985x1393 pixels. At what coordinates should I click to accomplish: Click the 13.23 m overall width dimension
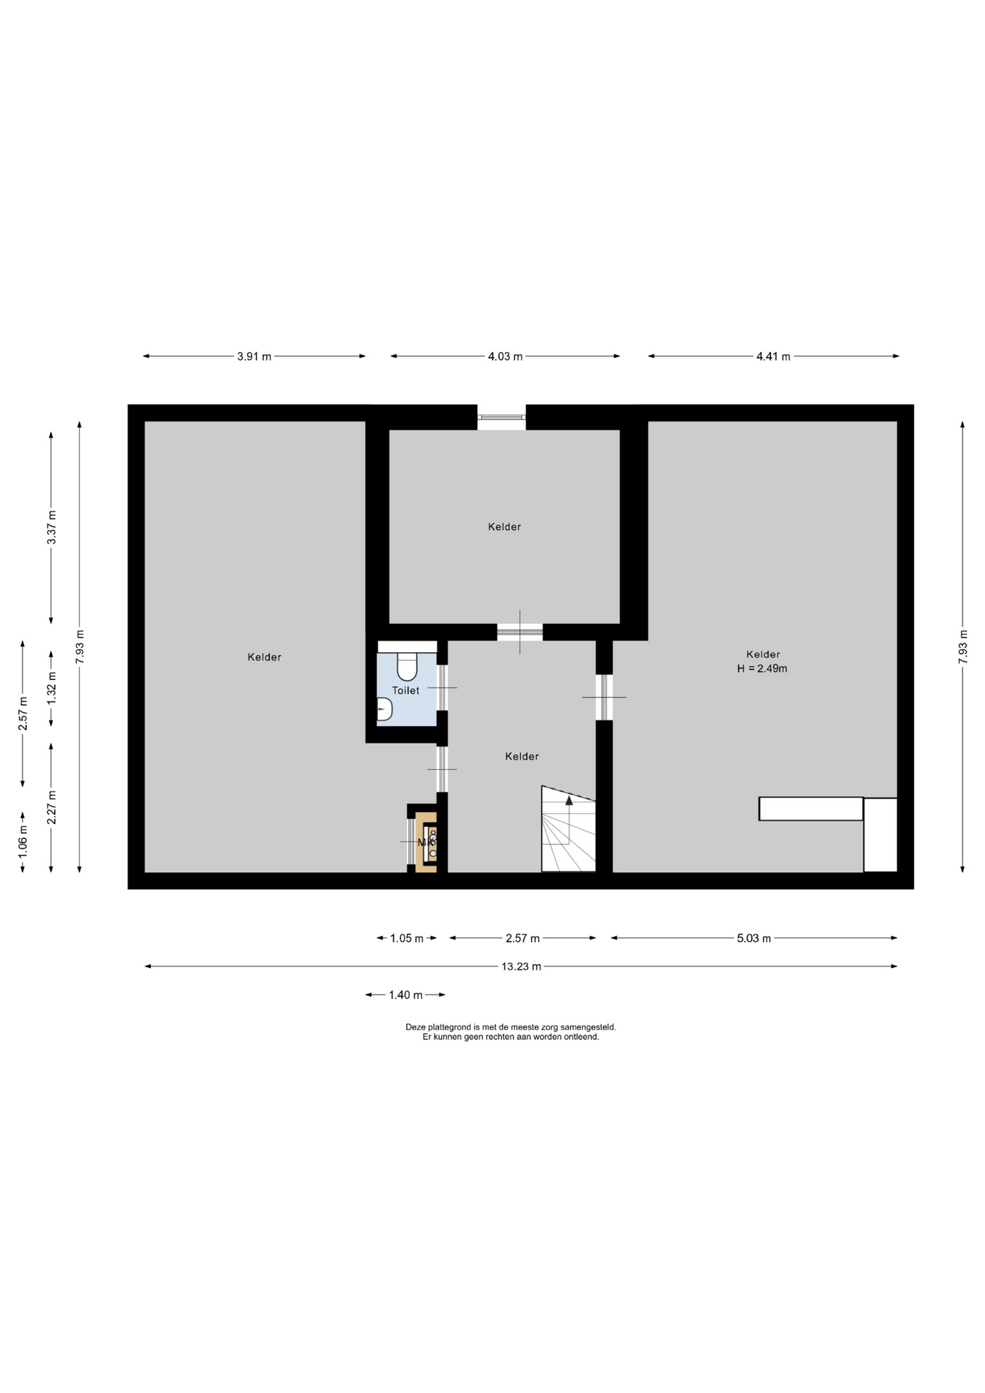(521, 966)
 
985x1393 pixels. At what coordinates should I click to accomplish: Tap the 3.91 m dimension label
(254, 356)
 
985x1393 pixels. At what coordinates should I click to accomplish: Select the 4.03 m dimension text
(505, 356)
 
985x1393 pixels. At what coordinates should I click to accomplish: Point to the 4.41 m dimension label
(773, 356)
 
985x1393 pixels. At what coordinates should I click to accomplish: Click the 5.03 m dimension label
(754, 938)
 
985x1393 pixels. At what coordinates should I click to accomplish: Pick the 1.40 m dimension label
(405, 995)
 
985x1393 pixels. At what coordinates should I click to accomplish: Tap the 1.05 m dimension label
(407, 938)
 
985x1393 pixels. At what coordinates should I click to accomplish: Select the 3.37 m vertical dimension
(51, 527)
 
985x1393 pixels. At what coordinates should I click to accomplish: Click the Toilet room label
(405, 691)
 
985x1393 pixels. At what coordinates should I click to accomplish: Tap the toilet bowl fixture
(407, 664)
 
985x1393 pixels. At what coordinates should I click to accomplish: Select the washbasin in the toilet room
(384, 709)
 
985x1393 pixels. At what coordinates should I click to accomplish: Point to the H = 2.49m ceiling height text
(762, 668)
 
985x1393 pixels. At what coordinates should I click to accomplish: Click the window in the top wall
(501, 417)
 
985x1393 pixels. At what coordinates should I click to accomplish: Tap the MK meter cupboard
(426, 842)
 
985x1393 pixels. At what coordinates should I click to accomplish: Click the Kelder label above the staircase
(522, 756)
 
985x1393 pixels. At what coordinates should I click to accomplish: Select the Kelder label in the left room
(264, 657)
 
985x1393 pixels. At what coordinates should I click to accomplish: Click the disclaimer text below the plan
(511, 1032)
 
